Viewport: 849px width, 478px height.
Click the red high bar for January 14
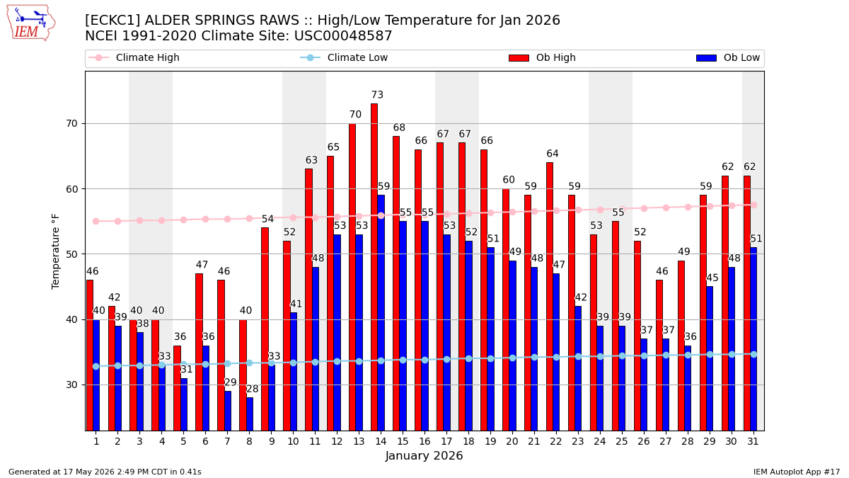click(x=374, y=267)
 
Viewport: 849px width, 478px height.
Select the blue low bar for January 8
click(x=249, y=414)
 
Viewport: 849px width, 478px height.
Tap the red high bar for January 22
click(x=550, y=297)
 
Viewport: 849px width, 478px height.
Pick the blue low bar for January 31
click(x=753, y=339)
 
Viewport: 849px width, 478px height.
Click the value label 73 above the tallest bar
click(x=377, y=94)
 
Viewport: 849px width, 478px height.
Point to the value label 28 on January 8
click(x=252, y=389)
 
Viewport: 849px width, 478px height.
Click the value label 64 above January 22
click(x=553, y=154)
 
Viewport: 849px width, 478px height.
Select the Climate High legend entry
click(x=134, y=57)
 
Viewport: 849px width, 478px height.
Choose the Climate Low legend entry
click(x=344, y=57)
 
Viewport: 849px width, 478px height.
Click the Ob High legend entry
click(x=542, y=57)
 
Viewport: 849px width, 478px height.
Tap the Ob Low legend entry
click(x=728, y=57)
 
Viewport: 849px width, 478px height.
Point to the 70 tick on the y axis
click(x=71, y=124)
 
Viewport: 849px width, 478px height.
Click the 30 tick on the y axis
click(x=71, y=385)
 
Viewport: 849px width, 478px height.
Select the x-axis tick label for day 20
click(x=512, y=442)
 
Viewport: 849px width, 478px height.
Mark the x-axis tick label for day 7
click(x=227, y=442)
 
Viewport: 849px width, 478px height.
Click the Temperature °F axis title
click(x=55, y=251)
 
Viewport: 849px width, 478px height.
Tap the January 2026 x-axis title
click(x=424, y=455)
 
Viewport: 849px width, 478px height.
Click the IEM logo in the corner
click(x=31, y=23)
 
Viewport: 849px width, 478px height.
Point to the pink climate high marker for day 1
click(x=96, y=221)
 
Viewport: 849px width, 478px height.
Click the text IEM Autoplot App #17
click(x=797, y=472)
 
